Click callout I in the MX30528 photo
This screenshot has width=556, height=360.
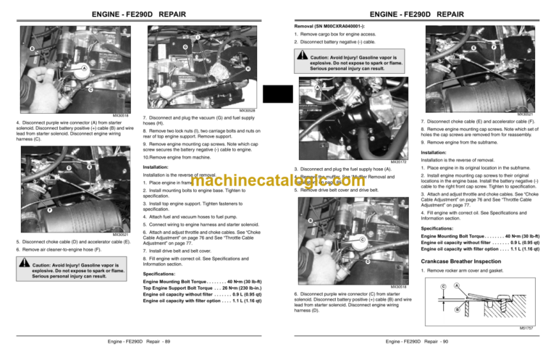click(198, 37)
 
